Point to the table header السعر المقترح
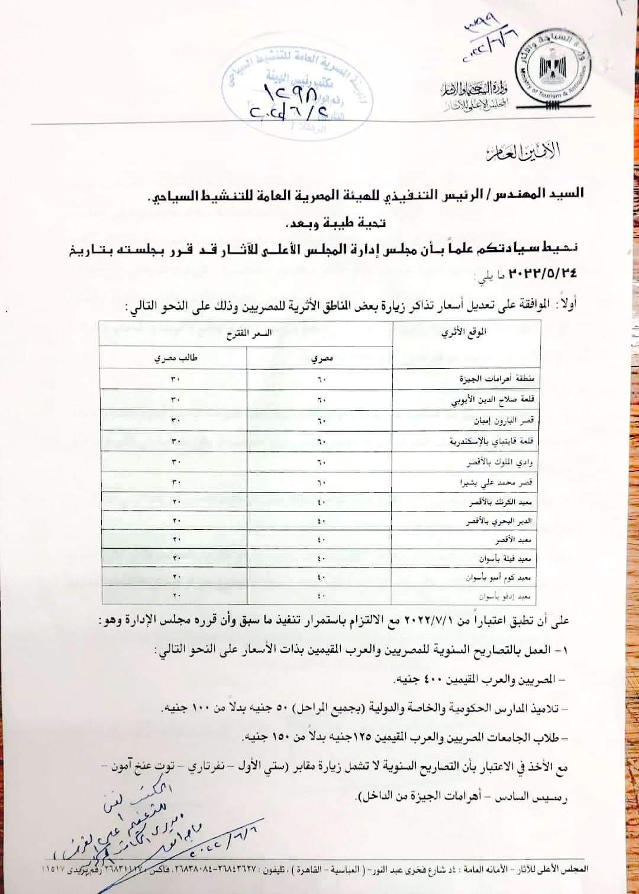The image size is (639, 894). (246, 333)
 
